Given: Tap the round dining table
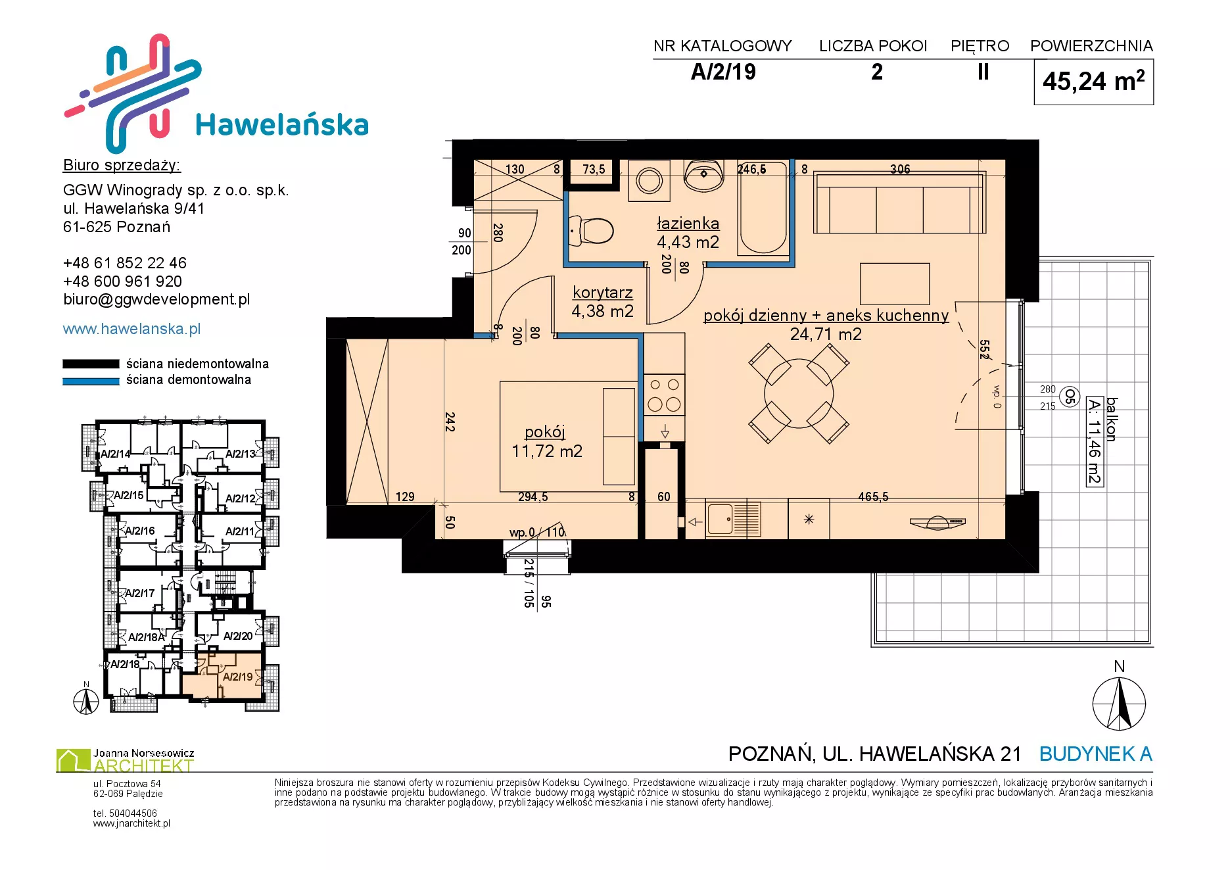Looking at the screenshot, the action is point(799,393).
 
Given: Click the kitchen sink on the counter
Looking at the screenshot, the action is point(733,519).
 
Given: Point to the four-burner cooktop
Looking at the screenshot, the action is point(664,395).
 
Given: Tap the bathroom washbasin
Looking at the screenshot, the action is point(704,174).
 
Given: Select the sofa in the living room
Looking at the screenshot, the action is point(899,203).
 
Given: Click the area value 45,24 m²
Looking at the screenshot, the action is point(1093,82).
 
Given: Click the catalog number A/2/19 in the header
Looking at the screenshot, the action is point(723,72).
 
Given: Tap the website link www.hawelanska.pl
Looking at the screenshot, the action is point(131,329).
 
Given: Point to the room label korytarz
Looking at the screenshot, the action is point(603,292).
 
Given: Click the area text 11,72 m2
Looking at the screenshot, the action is point(547,451).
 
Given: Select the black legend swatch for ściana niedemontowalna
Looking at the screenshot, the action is point(91,364).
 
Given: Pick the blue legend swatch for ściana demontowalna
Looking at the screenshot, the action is point(91,381).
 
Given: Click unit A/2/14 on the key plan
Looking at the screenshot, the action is point(116,454).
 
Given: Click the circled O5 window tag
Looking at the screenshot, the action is point(1070,397).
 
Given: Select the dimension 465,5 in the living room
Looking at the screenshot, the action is point(873,497).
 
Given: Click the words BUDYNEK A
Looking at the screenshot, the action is point(1096,754).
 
